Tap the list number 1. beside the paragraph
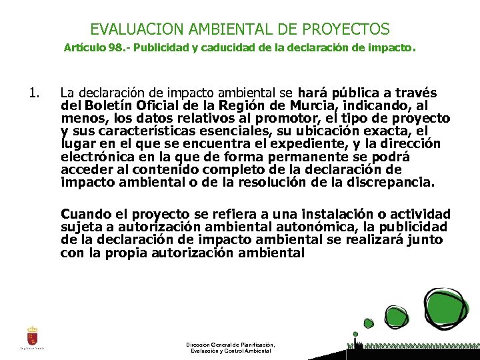35,94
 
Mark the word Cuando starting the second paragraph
85,215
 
